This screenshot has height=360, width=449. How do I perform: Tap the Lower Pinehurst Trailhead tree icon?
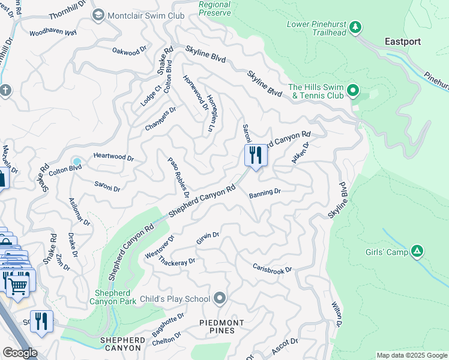(355, 26)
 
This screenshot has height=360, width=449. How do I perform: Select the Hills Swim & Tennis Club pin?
(353, 91)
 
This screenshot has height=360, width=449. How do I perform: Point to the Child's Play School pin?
(220, 298)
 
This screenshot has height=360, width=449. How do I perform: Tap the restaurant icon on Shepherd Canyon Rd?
(256, 156)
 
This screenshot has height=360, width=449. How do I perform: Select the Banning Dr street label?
(265, 193)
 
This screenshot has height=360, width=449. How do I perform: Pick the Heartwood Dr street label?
(113, 157)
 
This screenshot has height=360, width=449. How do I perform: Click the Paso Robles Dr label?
(178, 178)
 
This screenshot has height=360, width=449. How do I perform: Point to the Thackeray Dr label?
(175, 262)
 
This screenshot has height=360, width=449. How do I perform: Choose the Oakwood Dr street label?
(130, 52)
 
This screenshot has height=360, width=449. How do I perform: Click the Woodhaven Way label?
(53, 32)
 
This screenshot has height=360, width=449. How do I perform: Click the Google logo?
(19, 353)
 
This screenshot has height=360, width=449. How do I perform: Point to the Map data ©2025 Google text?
(411, 355)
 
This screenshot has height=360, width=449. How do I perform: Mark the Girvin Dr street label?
(208, 238)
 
